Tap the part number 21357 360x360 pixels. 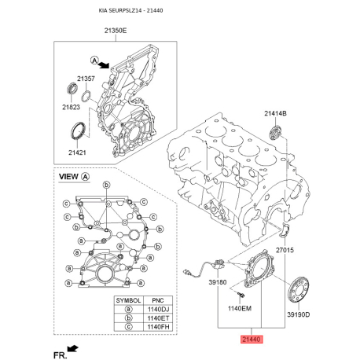[x=86, y=79]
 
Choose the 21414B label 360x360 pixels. [x=275, y=114]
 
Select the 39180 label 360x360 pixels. [x=217, y=281]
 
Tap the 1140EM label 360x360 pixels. [x=240, y=308]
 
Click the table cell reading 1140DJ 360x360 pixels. [x=155, y=311]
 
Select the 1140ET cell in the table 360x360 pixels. [x=155, y=320]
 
